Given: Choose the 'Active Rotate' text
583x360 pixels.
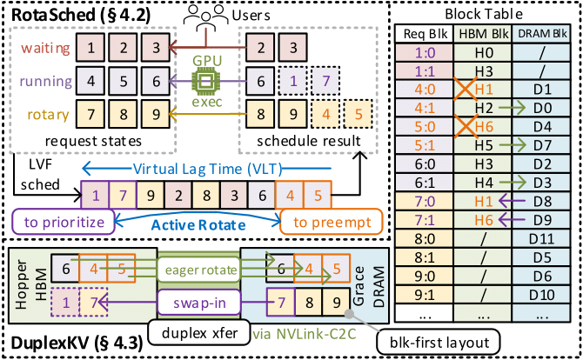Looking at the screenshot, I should [x=193, y=223].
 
